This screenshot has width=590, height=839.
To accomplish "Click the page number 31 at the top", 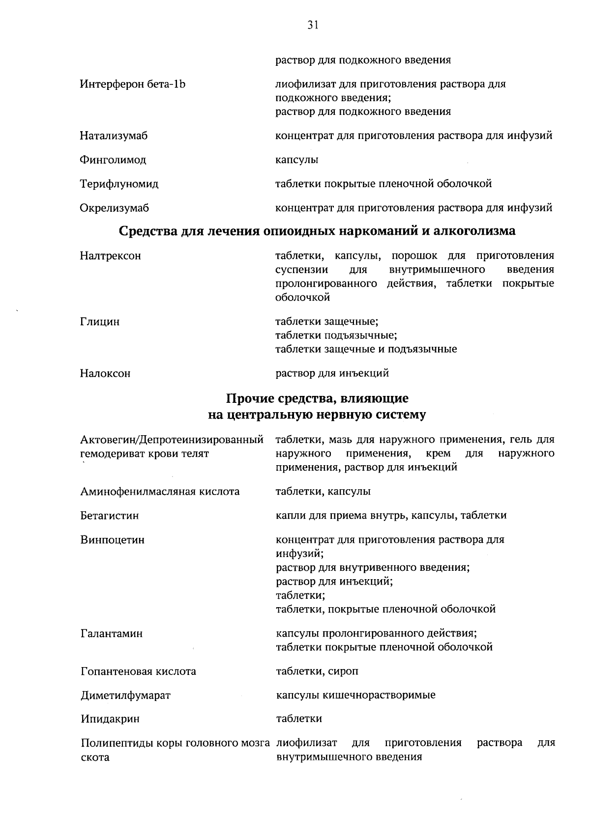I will tap(313, 25).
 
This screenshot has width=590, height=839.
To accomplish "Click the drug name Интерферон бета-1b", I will tap(133, 84).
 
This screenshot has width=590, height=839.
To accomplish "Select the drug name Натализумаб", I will tap(114, 136).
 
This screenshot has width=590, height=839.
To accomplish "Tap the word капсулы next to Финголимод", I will tap(296, 160).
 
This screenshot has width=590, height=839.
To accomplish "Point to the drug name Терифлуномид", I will tap(119, 184).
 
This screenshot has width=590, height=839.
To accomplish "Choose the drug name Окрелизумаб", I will tap(114, 208).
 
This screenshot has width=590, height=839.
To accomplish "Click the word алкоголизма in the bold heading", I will tap(473, 231).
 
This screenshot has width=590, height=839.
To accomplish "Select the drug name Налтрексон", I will tap(111, 256).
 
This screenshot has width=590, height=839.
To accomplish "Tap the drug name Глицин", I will tap(100, 322).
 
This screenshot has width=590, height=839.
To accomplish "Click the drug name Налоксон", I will tap(105, 373).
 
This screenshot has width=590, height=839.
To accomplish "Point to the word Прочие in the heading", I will tap(249, 397).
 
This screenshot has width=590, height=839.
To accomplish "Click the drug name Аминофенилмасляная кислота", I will tap(160, 492).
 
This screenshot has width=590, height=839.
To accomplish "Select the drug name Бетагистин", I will tap(110, 516).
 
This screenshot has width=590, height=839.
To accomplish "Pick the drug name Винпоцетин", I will tap(113, 540).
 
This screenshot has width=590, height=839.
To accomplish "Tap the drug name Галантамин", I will tap(112, 634).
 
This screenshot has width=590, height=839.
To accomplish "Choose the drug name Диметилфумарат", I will tap(125, 696).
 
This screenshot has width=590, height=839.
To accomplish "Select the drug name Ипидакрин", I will tap(110, 719).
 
